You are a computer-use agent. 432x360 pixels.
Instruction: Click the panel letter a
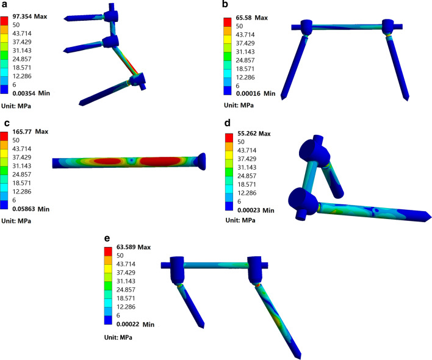click(4, 5)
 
